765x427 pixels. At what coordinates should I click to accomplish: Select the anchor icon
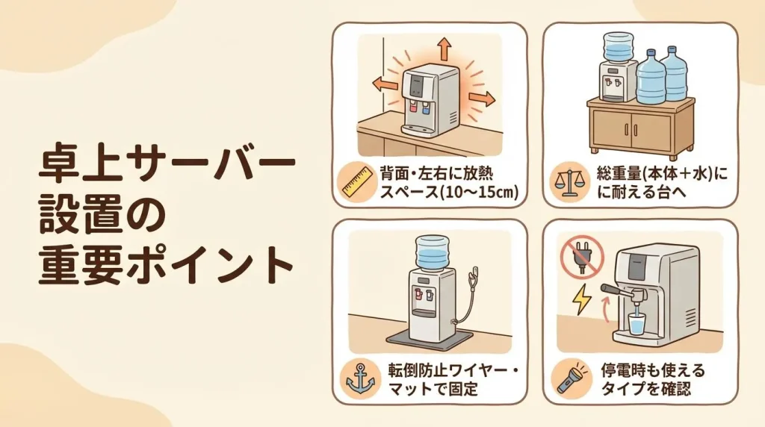(x=360, y=378)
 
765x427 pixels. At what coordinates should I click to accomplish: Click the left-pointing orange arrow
(x=385, y=84)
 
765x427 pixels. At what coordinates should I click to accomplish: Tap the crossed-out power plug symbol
(x=581, y=255)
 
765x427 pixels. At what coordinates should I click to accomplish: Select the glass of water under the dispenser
(x=637, y=324)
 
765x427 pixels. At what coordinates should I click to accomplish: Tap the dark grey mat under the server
(x=430, y=338)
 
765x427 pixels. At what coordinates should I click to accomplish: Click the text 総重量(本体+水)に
(x=662, y=174)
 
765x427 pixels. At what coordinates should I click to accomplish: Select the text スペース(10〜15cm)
(x=449, y=192)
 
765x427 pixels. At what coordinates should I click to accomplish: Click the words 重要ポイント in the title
(x=166, y=266)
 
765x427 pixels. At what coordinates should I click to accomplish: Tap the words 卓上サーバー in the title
(x=167, y=166)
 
